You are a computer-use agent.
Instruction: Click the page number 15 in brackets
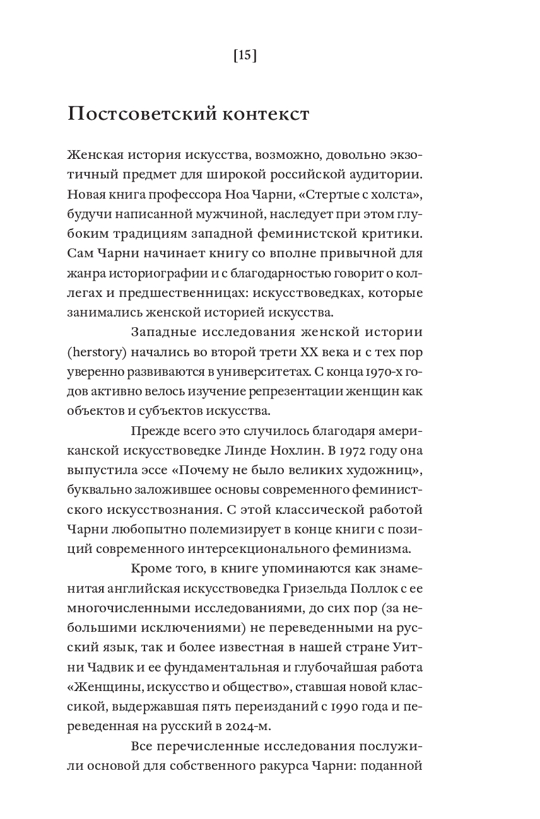click(245, 56)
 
